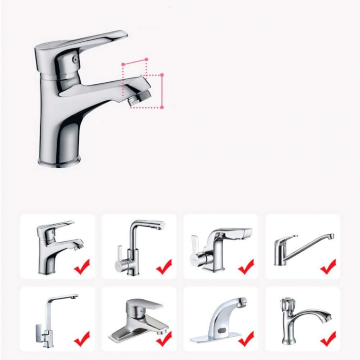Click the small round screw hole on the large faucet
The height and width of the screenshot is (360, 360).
click(x=76, y=60)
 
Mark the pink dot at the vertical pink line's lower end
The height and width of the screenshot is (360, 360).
click(x=162, y=107)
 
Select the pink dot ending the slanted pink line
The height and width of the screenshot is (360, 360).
click(x=147, y=60)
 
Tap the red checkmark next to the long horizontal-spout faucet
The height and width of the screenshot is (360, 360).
click(x=328, y=266)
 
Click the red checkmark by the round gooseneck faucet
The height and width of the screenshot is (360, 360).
click(x=164, y=266)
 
